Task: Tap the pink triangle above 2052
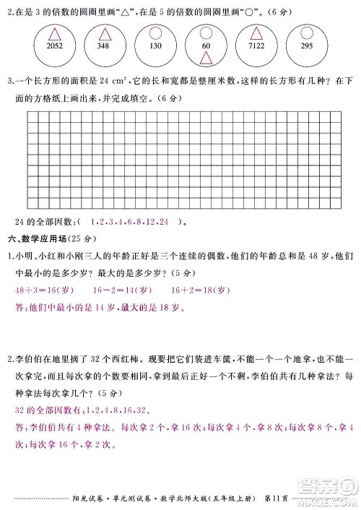(55, 33)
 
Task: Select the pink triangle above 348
(105, 34)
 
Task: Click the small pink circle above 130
(155, 33)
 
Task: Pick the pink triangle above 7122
(255, 34)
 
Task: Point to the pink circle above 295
(305, 33)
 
